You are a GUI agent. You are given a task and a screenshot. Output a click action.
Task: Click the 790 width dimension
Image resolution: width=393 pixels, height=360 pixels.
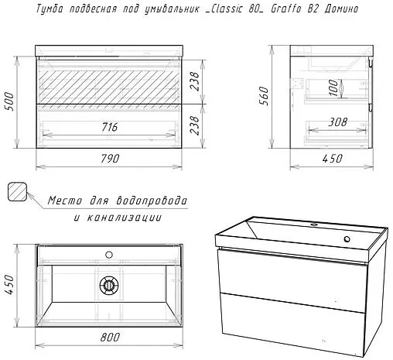click(x=110, y=159)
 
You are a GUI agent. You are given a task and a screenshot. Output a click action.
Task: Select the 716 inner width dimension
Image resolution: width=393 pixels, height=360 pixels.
click(x=110, y=127)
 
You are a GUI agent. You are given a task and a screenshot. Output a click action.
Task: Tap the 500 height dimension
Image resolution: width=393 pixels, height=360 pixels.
click(x=9, y=101)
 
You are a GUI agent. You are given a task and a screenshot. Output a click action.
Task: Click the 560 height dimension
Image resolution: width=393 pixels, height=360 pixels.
click(x=264, y=96)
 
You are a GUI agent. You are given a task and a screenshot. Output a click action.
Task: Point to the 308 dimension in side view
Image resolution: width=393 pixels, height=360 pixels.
click(x=337, y=122)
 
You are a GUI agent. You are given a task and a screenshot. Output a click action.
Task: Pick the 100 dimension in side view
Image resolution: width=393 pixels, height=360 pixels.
click(x=333, y=87)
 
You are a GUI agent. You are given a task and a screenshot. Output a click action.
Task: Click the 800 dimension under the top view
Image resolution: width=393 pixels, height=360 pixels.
click(x=110, y=337)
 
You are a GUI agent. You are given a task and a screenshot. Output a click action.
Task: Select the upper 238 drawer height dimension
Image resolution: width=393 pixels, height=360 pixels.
click(x=195, y=81)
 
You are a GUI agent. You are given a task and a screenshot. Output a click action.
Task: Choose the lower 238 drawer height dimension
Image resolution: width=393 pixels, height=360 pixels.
click(x=195, y=125)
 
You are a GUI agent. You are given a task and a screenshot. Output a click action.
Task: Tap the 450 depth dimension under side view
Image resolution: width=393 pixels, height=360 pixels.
click(x=333, y=159)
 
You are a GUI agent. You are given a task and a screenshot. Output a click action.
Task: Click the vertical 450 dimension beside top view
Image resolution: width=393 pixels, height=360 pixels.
click(x=9, y=284)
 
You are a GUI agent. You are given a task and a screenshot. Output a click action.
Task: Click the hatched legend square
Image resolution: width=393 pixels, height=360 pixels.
click(x=17, y=192)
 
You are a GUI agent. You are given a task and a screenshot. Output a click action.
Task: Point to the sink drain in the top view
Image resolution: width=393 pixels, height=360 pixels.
click(x=109, y=285)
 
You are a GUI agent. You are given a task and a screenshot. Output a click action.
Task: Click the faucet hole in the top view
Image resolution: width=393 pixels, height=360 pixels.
click(x=109, y=255)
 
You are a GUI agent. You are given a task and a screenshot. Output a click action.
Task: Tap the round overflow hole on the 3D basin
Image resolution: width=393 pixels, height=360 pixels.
click(x=347, y=239)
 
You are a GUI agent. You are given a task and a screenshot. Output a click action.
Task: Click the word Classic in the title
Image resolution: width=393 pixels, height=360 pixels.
click(x=225, y=9)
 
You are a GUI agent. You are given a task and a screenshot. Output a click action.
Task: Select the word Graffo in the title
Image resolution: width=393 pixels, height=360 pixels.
click(x=286, y=9)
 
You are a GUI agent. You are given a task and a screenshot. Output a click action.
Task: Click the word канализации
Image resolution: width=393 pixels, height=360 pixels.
click(x=125, y=218)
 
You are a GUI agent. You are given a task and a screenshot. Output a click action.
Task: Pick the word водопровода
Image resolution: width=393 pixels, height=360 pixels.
click(x=152, y=201)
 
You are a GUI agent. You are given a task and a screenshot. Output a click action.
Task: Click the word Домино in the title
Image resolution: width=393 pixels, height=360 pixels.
click(x=341, y=9)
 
